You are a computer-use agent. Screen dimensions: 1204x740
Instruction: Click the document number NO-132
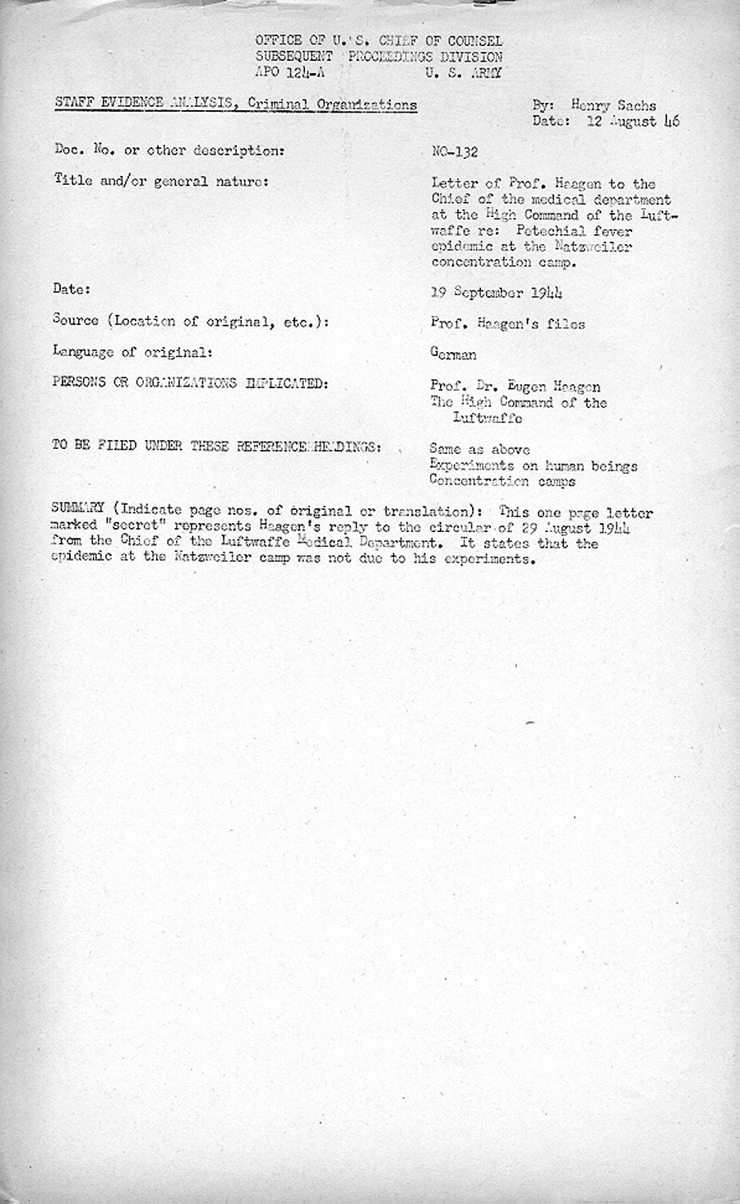tap(455, 152)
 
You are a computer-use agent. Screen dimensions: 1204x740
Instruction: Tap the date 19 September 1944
tap(497, 293)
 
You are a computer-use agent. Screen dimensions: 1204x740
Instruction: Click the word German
tap(453, 354)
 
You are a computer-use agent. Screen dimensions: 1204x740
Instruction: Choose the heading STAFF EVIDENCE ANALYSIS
tap(132, 104)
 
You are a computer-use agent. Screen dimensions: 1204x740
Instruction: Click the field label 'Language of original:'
tap(133, 352)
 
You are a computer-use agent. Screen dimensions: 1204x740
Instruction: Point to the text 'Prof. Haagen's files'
tap(507, 324)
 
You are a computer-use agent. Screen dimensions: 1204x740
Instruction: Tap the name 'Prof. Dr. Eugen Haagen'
tap(515, 387)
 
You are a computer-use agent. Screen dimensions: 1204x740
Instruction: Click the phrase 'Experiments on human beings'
tap(534, 466)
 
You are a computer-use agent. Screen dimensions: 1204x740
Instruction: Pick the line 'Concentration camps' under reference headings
tap(502, 482)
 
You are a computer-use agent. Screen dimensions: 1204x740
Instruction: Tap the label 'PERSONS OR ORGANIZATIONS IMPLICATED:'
tap(188, 383)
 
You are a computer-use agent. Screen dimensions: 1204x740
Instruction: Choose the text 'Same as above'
tap(479, 451)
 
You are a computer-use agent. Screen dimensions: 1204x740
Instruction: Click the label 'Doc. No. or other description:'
tap(169, 151)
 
